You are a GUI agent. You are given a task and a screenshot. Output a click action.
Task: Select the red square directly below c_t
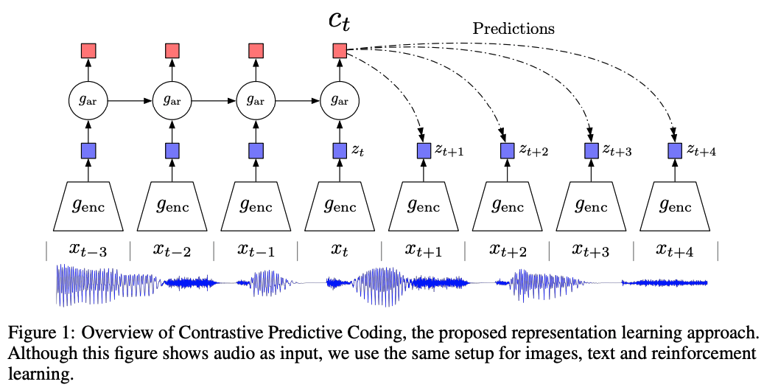[340, 51]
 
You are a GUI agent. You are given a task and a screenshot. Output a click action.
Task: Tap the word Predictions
[514, 28]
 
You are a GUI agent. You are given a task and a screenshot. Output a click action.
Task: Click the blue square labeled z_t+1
[424, 151]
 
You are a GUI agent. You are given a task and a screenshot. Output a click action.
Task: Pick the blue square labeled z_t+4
[675, 151]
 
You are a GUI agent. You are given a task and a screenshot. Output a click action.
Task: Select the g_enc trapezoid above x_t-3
[88, 206]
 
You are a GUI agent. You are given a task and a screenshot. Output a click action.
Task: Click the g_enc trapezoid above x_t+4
[675, 206]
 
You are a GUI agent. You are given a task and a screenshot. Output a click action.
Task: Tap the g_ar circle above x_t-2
[172, 101]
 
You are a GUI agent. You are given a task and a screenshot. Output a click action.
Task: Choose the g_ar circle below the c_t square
[340, 101]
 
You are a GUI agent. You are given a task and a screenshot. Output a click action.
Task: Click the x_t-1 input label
[256, 250]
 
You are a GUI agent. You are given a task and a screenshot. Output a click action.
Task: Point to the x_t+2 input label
[508, 250]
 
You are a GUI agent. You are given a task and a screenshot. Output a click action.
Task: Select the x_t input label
[340, 250]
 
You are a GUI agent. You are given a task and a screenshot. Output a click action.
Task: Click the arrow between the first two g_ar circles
[130, 101]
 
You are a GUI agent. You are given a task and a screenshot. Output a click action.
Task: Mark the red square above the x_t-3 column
[88, 51]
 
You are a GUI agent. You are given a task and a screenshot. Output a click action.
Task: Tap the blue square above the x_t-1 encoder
[256, 151]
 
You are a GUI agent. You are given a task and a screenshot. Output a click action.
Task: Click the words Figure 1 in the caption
[40, 333]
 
